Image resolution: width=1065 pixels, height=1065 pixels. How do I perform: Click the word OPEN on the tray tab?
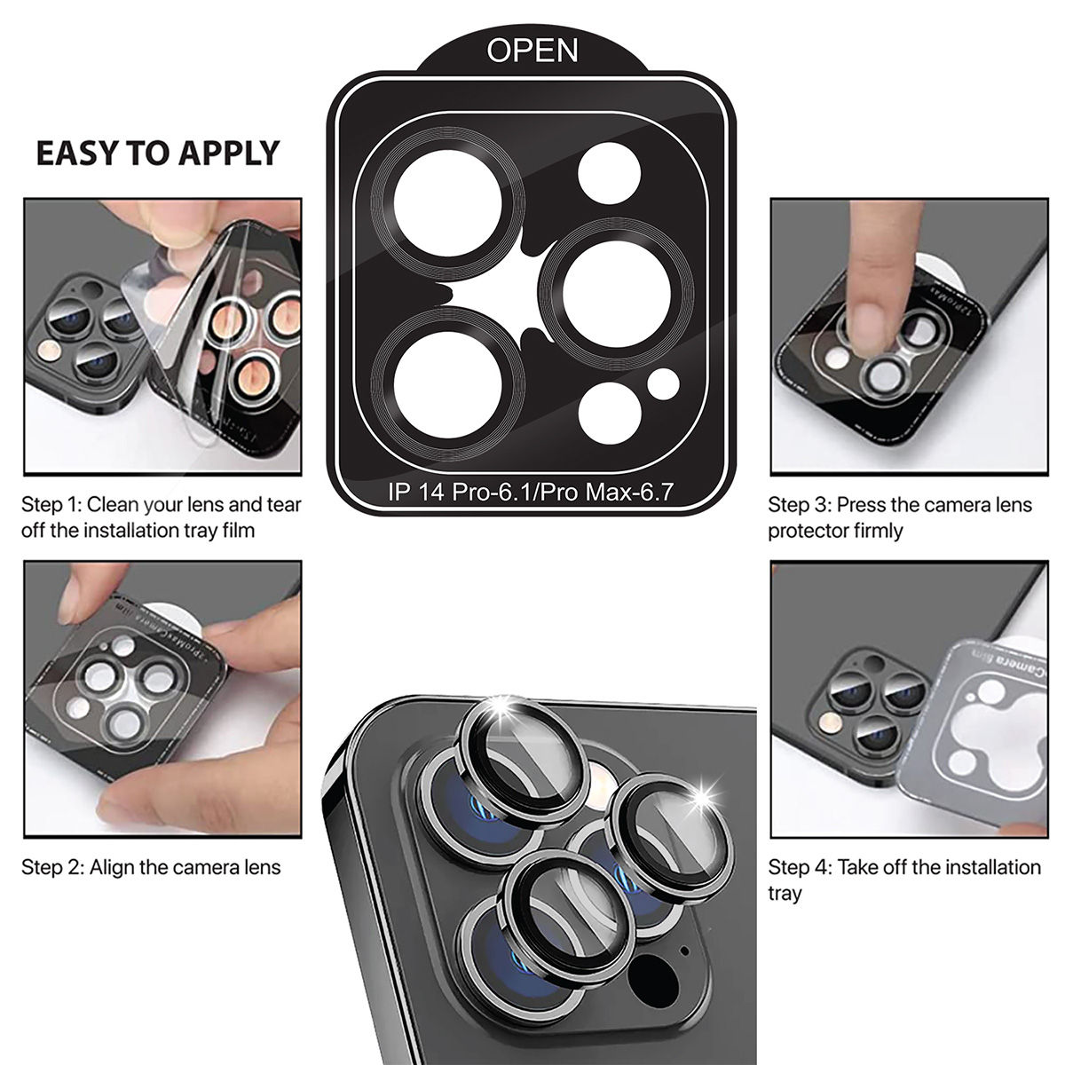click(532, 51)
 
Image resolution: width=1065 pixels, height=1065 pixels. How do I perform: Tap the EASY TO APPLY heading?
click(157, 153)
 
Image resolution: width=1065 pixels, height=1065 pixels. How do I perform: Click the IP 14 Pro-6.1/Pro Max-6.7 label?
click(532, 492)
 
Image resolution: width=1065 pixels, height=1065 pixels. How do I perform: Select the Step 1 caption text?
click(162, 517)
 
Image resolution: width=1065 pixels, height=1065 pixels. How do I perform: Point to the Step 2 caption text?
click(151, 867)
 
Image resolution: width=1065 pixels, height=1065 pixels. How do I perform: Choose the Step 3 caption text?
click(900, 517)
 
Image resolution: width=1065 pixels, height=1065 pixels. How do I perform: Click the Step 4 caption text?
click(904, 879)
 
